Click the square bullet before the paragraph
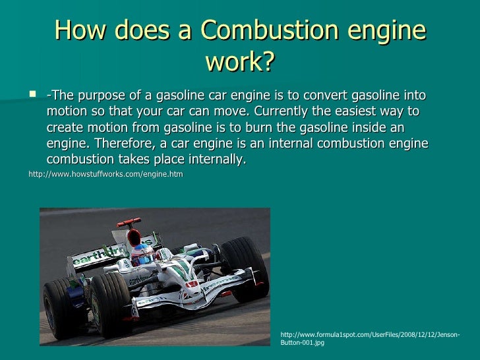(x=33, y=95)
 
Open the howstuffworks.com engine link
(x=105, y=175)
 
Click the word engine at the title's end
(x=389, y=31)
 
